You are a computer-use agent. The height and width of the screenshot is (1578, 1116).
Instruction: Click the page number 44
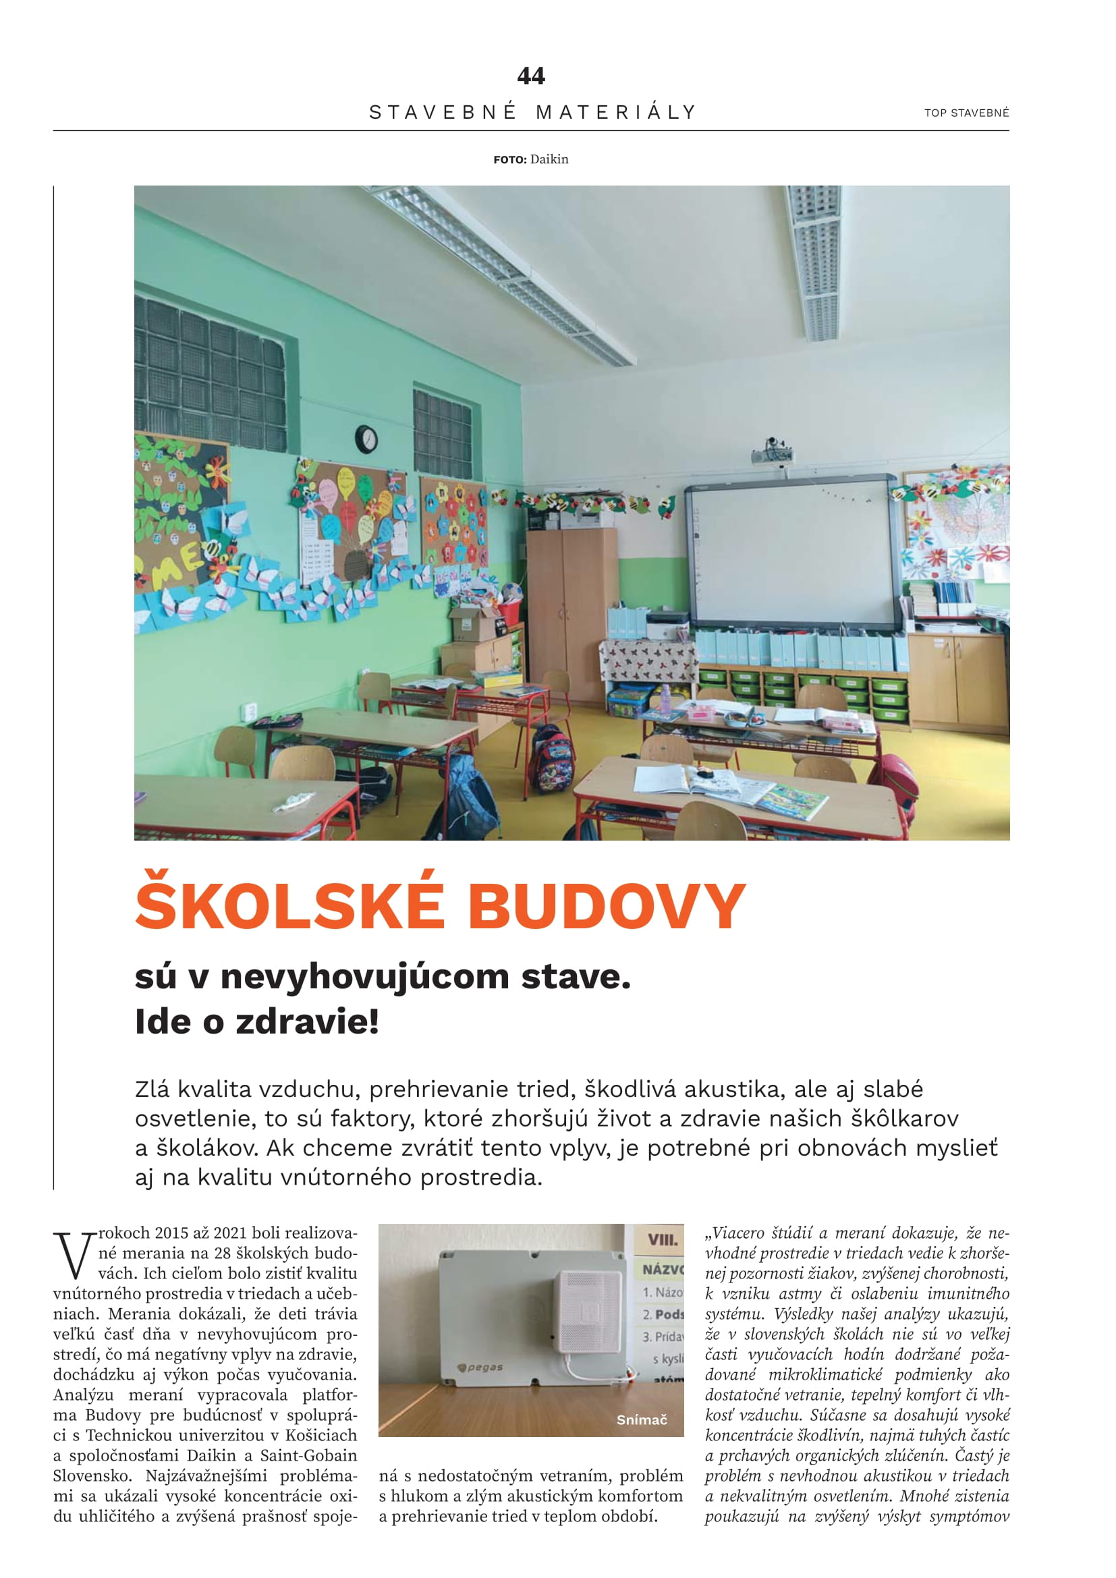click(x=530, y=76)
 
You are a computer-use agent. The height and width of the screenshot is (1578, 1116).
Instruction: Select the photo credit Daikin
click(x=549, y=159)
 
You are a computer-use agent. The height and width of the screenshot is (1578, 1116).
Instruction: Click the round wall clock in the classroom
click(x=366, y=439)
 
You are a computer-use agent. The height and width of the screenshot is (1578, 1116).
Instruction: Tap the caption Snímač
click(x=641, y=1420)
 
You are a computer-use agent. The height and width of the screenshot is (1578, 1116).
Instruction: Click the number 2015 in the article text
click(x=172, y=1233)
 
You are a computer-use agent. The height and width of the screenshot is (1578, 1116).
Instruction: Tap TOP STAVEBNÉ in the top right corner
click(x=966, y=113)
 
